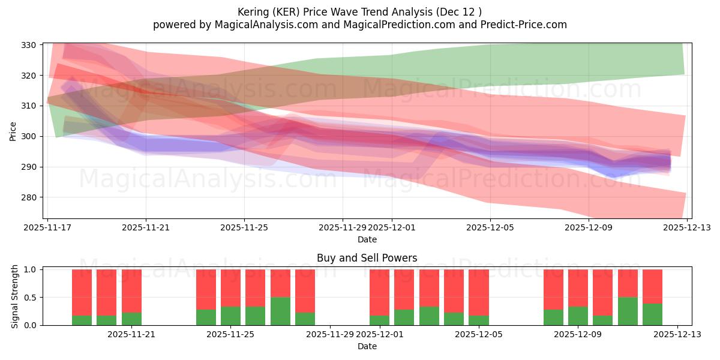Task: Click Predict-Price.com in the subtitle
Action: point(524,25)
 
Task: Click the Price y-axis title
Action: point(13,130)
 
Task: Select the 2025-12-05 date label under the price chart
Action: point(490,227)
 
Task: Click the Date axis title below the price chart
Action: point(367,239)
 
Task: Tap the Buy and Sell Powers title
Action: point(367,258)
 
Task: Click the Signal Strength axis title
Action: point(15,297)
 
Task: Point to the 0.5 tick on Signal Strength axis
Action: point(30,298)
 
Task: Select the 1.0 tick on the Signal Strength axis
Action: point(30,269)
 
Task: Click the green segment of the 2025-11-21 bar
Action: point(131,319)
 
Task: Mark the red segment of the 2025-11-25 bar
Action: point(231,288)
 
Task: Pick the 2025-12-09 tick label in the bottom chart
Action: point(578,334)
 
